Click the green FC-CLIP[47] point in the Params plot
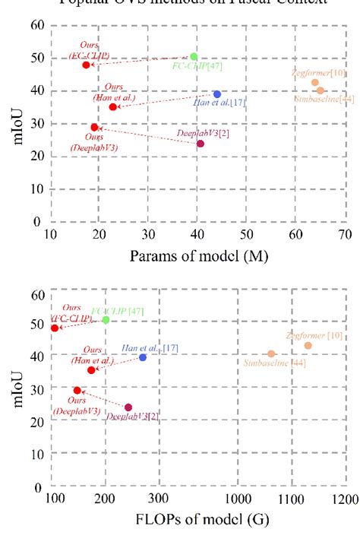194,56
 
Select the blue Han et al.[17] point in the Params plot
217,94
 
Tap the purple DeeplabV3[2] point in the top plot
201,144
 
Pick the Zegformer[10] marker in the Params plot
315,82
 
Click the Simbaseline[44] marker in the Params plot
321,90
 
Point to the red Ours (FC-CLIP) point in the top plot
86,65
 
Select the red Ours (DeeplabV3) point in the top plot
94,127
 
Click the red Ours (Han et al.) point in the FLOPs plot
91,370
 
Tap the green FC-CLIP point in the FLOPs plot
106,320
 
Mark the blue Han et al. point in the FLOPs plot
143,357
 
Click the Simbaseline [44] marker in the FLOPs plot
271,353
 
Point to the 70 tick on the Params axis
345,234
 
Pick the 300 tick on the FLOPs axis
158,499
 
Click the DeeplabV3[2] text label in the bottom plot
132,417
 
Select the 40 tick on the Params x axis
197,234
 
